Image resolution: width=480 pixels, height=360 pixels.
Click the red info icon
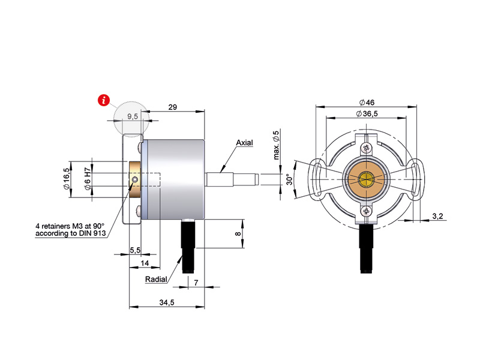pos(106,100)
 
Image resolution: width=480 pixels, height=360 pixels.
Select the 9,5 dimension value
pos(133,117)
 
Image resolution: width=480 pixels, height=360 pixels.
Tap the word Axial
pos(244,143)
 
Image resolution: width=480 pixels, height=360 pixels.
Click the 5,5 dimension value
pos(135,249)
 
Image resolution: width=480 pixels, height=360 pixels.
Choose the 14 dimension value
pos(145,263)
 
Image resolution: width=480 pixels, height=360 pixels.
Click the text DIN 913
pos(91,233)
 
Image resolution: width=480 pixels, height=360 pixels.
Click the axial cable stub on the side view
pos(232,179)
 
